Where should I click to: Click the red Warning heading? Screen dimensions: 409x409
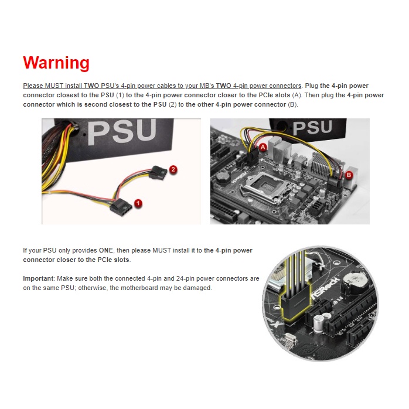pos(56,63)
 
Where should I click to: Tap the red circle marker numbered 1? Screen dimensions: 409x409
pos(138,203)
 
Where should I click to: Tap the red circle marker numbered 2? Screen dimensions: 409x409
pos(173,170)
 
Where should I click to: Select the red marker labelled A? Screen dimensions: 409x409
pos(263,148)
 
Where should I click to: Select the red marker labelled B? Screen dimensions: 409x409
pos(349,175)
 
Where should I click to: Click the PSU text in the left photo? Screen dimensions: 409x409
pos(122,132)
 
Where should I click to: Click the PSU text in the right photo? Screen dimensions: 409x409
pos(312,127)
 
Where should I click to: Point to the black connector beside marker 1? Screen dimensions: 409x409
pos(120,206)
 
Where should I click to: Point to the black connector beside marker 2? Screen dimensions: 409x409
pos(158,172)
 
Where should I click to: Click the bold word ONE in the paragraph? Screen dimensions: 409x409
pos(106,250)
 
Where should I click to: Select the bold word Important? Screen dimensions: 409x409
pos(38,278)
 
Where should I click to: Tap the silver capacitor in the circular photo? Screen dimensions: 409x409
pos(319,323)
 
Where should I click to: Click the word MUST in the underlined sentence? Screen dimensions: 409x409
pos(54,86)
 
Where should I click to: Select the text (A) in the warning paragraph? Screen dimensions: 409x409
pos(296,95)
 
